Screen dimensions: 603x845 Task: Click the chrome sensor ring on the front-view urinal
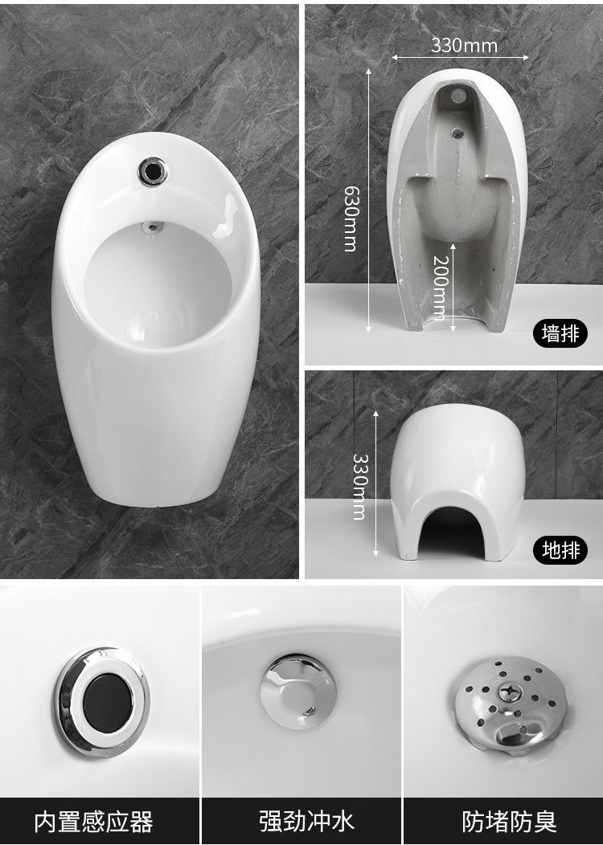pos(153,171)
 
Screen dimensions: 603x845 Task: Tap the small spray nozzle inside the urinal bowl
pos(153,227)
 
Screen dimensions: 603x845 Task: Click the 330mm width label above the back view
pos(464,45)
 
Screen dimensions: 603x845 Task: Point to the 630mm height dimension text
pos(351,218)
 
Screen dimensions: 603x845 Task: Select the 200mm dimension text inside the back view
pos(441,288)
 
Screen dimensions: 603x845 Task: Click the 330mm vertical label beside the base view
pos(359,487)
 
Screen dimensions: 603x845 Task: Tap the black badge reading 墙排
pos(560,333)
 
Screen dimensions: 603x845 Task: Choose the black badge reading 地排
pos(560,550)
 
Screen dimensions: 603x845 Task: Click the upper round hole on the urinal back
pos(458,96)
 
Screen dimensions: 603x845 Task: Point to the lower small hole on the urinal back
pos(458,131)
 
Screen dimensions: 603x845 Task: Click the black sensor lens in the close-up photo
pos(107,703)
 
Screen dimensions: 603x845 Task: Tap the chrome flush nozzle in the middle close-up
pos(297,692)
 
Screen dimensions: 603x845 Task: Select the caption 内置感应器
pos(94,821)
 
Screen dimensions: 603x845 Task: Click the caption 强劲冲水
pos(306,821)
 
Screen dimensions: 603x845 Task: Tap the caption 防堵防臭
pos(509,821)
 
